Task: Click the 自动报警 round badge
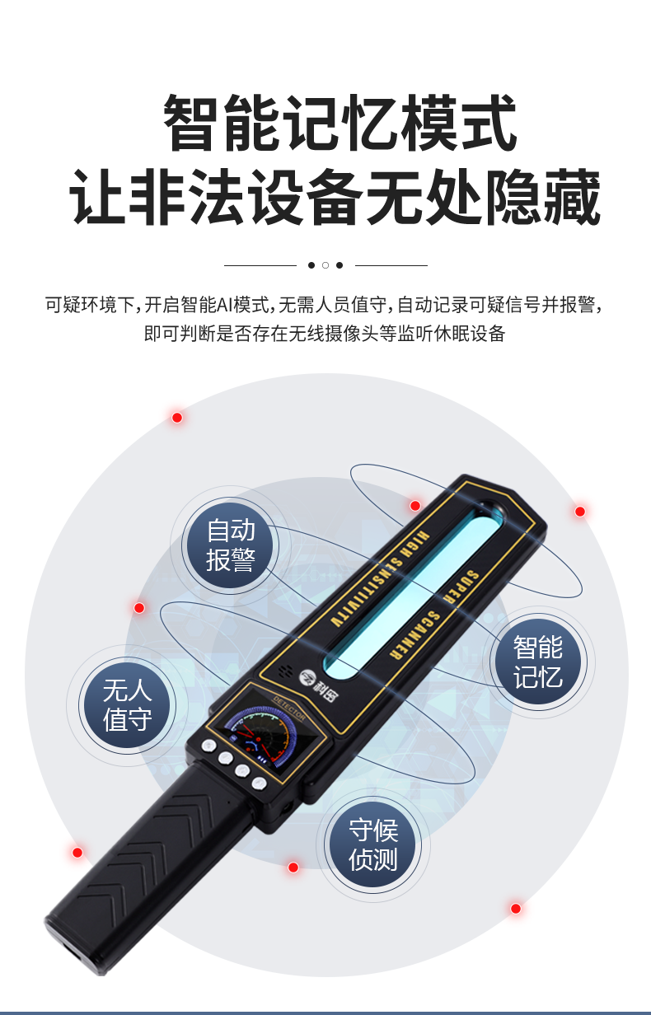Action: pos(231,545)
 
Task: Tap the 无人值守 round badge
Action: pos(128,705)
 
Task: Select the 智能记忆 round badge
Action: pos(537,662)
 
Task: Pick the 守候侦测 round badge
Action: pos(372,844)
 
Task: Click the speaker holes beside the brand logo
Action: pos(285,671)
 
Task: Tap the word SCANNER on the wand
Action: pos(414,635)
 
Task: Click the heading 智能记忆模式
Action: pos(340,123)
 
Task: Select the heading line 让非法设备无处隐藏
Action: pos(335,197)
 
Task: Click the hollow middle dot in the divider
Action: pos(325,265)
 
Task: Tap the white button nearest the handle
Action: pos(259,783)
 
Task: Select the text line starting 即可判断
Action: pos(325,333)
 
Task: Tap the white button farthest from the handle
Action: pos(208,746)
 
